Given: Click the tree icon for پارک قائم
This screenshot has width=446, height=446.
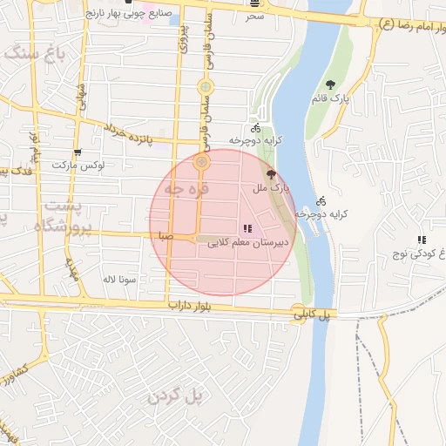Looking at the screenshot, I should tap(330, 84).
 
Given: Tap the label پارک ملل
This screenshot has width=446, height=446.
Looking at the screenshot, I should tap(272, 187).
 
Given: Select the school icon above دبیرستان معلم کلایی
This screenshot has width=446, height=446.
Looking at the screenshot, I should tap(247, 229).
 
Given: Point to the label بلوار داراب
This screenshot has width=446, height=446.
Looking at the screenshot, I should tap(192, 307).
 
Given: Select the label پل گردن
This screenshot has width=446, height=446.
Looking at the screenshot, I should tap(174, 396).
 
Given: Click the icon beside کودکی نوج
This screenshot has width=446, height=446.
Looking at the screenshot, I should tap(422, 240).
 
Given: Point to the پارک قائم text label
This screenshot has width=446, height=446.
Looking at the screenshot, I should tap(332, 99).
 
